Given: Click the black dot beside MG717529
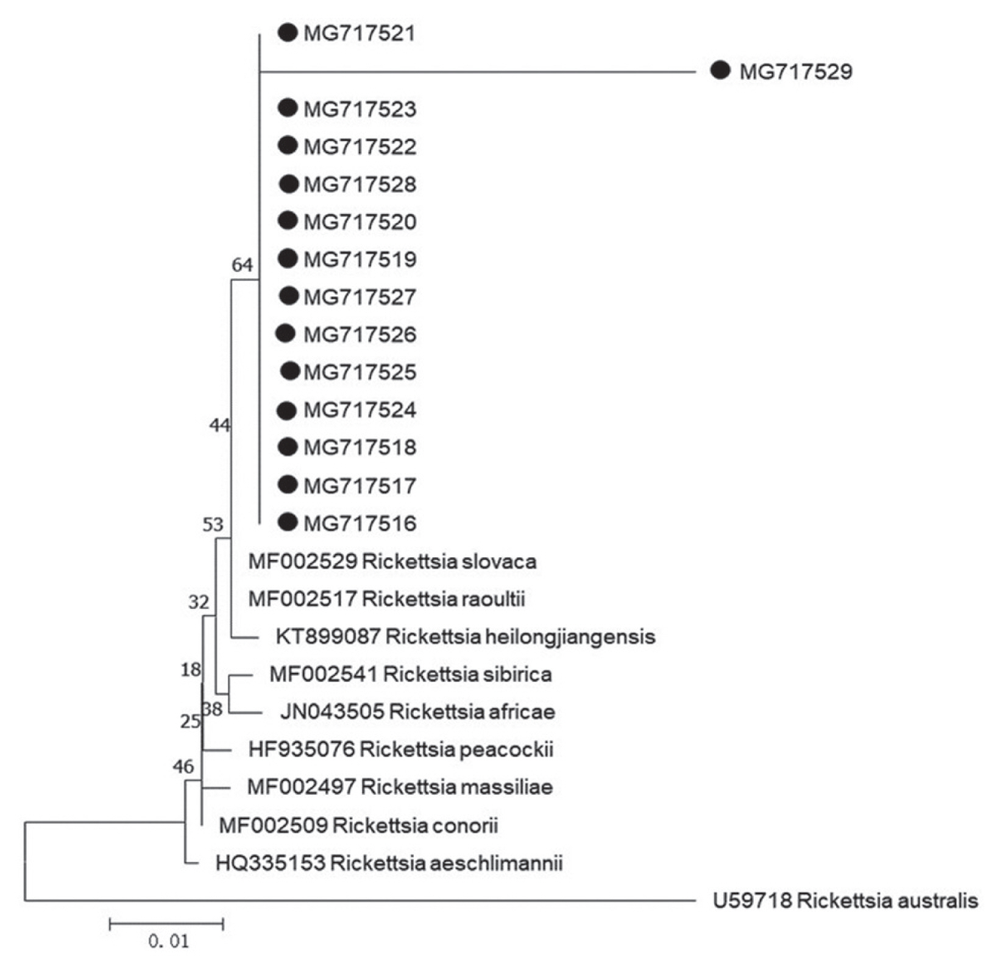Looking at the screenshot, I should [x=720, y=71].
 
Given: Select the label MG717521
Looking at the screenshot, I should [x=360, y=33].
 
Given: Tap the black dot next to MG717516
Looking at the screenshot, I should [x=288, y=522].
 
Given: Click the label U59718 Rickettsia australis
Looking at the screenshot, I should [x=845, y=900].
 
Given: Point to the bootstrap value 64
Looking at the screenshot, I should [x=242, y=265].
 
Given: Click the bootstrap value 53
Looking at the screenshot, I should [x=213, y=524].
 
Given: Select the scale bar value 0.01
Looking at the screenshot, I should [x=168, y=941].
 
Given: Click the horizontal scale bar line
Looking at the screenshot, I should [x=166, y=924].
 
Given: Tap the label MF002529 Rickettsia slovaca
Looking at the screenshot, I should [x=392, y=561].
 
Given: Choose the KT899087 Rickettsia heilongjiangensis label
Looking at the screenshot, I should [x=466, y=637].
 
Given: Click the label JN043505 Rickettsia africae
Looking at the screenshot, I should [x=417, y=711].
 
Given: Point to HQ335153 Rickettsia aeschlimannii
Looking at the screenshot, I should [x=389, y=863].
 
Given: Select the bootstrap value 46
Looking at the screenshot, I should [x=183, y=766].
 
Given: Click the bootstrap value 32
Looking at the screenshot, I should [x=199, y=602].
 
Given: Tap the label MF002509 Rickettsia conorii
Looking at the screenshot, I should [x=358, y=825].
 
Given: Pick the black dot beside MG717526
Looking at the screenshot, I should [x=285, y=333].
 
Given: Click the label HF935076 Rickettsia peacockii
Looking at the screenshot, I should [x=401, y=749].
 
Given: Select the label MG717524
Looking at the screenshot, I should [x=360, y=410].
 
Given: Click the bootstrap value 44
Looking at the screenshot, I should [x=219, y=425].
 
